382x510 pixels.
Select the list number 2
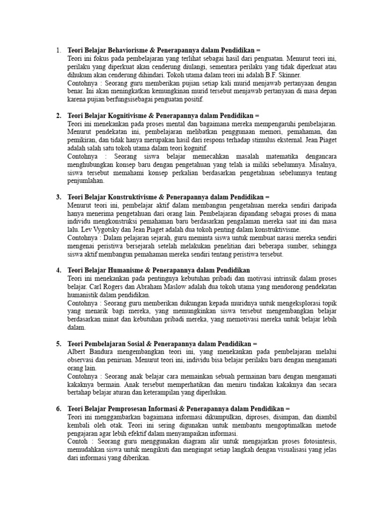pos(58,116)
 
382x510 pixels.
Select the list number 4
pos(58,270)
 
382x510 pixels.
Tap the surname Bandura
pos(97,352)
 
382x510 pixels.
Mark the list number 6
pos(58,409)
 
